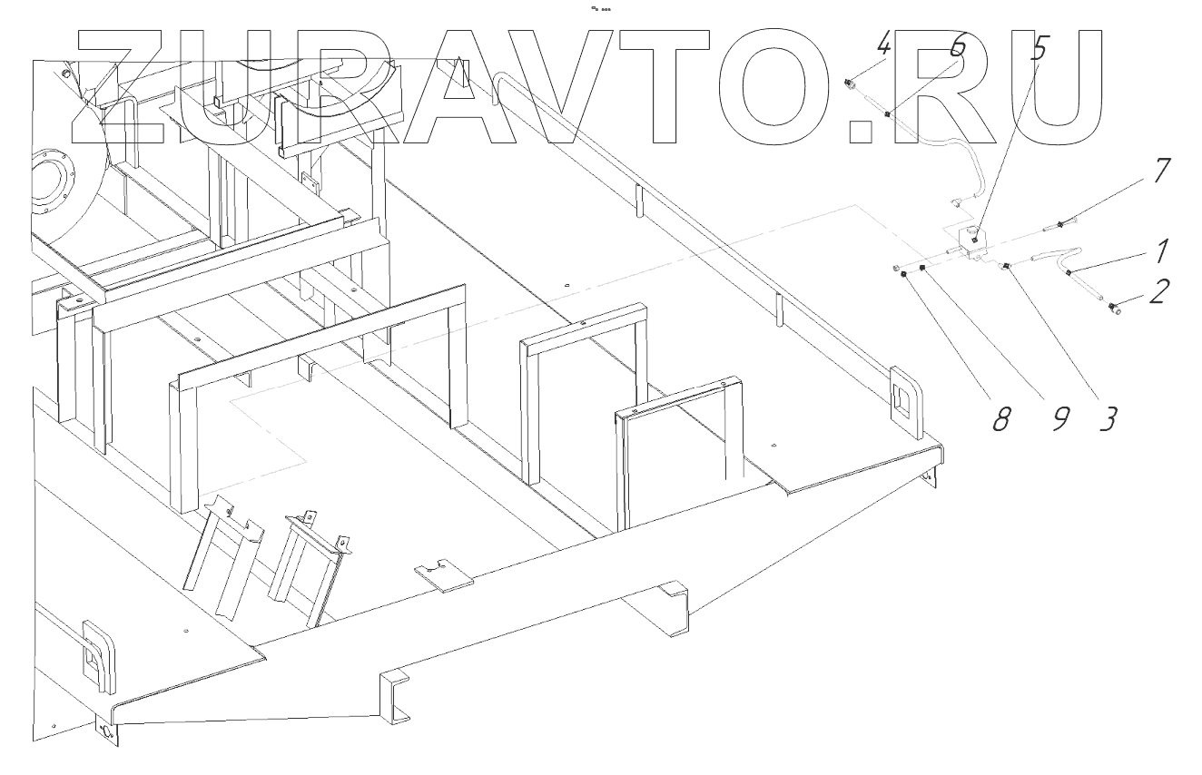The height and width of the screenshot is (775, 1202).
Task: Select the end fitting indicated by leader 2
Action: point(1114,311)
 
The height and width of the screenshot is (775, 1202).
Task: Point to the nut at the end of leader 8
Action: point(905,274)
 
